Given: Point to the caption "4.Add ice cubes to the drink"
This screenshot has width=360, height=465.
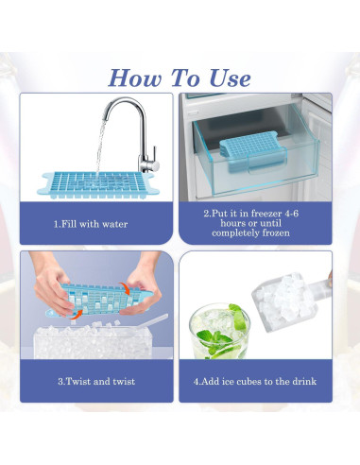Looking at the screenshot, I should tap(256, 381).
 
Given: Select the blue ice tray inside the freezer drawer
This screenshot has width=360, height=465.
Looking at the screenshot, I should tap(249, 149).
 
